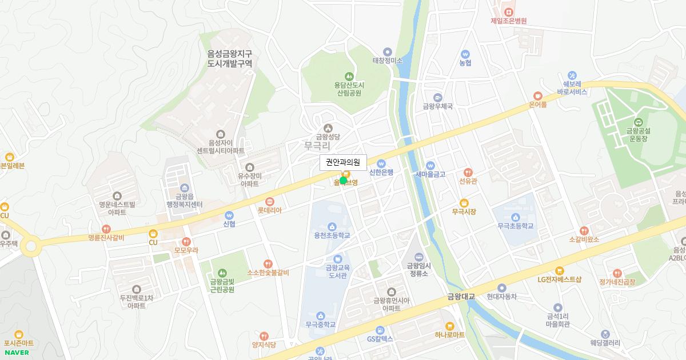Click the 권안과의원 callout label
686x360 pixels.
pos(343,162)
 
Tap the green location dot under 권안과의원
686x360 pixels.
pos(343,181)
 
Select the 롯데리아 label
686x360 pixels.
pos(270,210)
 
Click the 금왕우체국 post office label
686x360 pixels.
pos(438,106)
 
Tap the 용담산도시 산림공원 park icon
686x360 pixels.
pos(349,76)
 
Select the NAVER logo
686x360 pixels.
pos(16,352)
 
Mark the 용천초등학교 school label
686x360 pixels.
pos(332,235)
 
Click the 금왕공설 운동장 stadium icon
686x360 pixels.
pos(638,121)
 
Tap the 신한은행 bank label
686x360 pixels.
pos(381,173)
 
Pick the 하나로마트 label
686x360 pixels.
pos(450,335)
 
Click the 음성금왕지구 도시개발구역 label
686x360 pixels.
pos(230,59)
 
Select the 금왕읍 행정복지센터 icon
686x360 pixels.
pos(185,187)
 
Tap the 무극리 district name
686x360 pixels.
pos(317,146)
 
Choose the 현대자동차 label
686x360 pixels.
pos(502,297)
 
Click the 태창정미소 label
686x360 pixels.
pos(388,60)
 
